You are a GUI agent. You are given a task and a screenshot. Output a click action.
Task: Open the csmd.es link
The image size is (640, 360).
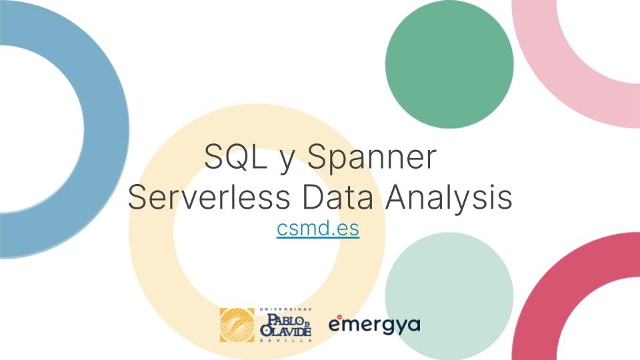pyautogui.click(x=318, y=229)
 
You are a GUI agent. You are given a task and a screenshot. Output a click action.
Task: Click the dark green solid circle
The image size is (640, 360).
pyautogui.click(x=449, y=64)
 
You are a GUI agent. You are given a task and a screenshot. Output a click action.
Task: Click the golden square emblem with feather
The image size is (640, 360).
pyautogui.click(x=237, y=325)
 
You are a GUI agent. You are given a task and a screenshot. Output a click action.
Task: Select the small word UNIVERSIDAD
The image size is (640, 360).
pyautogui.click(x=285, y=309)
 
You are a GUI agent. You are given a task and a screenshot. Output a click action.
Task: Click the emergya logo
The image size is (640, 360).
pyautogui.click(x=375, y=325)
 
